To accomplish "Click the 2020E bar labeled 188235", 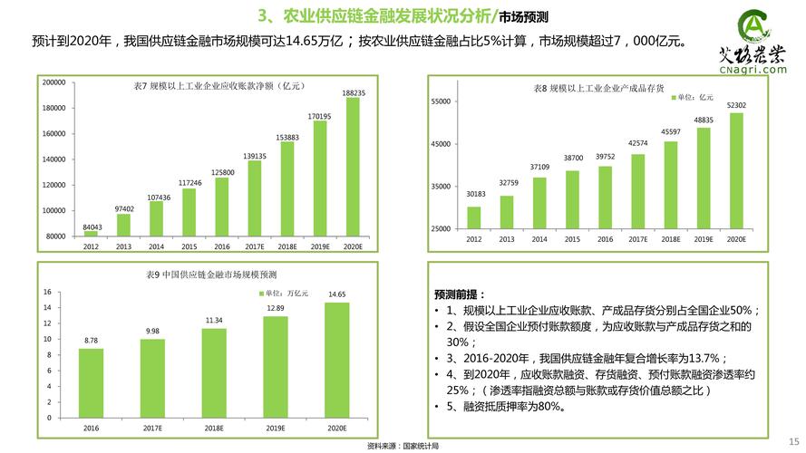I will [x=353, y=167].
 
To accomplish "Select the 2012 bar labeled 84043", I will [x=91, y=233].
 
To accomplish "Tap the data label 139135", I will [x=255, y=156].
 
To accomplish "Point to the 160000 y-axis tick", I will [x=54, y=133].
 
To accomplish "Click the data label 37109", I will [x=540, y=167].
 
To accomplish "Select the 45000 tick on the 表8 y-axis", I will [x=440, y=144].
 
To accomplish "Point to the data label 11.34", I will [x=214, y=320].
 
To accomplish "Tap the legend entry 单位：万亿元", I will [x=286, y=294].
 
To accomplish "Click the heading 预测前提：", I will [x=460, y=294].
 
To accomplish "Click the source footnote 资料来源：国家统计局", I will [x=403, y=447].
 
